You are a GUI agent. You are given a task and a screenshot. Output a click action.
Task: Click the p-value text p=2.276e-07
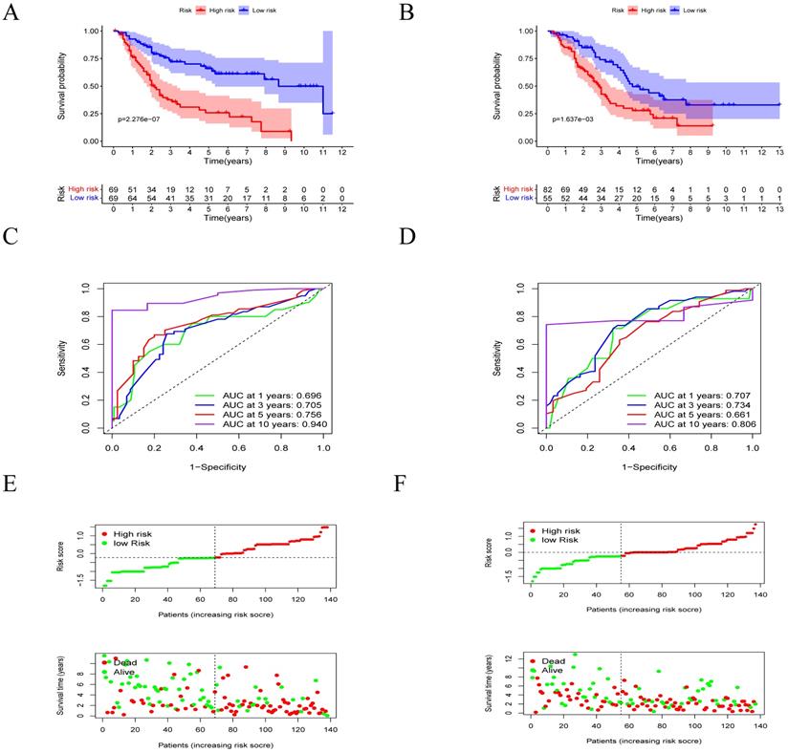point(145,120)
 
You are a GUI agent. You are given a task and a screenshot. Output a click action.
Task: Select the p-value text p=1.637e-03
point(579,120)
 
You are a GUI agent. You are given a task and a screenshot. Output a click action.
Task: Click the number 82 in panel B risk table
point(549,190)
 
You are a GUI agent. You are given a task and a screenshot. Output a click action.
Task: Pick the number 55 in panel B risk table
point(549,198)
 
